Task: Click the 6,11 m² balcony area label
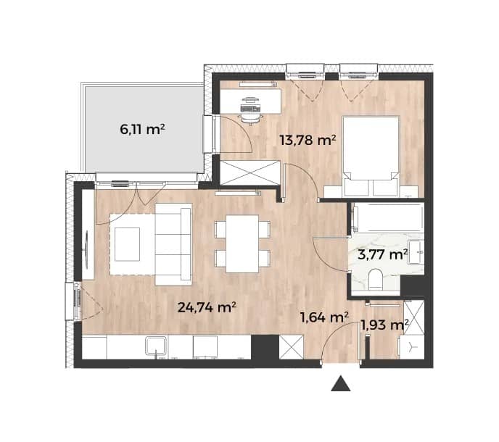click(x=142, y=130)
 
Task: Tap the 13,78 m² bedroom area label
click(x=308, y=140)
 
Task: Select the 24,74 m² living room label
click(x=207, y=307)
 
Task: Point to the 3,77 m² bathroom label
click(x=382, y=254)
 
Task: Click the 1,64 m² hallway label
click(x=324, y=317)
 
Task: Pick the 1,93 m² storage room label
click(x=384, y=325)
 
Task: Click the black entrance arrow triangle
click(x=340, y=383)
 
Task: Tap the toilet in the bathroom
click(x=376, y=279)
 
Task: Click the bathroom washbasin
click(x=416, y=252)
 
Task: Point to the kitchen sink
click(x=156, y=346)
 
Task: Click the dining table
click(x=242, y=243)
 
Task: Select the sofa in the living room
click(x=173, y=244)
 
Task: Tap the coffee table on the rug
click(x=128, y=244)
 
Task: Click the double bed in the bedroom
click(x=371, y=157)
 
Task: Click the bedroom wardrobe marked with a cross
click(x=250, y=172)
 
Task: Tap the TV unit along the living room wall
click(x=88, y=235)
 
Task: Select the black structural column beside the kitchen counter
click(x=265, y=347)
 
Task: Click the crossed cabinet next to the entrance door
click(x=291, y=347)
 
